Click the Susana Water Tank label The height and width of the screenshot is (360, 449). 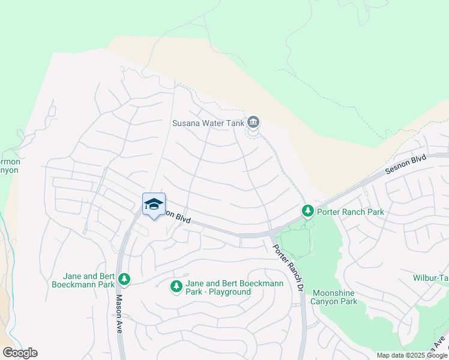click(x=208, y=124)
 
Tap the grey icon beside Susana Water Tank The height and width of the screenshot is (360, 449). click(x=253, y=123)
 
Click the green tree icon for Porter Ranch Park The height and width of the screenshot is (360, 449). click(x=307, y=211)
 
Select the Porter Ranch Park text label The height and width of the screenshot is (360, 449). click(x=351, y=212)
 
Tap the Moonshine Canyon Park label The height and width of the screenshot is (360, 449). click(x=334, y=297)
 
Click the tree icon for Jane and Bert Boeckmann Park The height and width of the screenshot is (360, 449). click(x=124, y=279)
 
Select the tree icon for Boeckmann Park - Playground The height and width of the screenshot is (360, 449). click(x=176, y=287)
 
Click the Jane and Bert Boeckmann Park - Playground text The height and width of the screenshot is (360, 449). click(x=218, y=287)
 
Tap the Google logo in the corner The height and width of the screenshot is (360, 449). click(x=20, y=353)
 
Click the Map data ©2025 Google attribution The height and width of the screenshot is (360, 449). click(x=412, y=355)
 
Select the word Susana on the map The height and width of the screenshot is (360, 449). click(x=185, y=124)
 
